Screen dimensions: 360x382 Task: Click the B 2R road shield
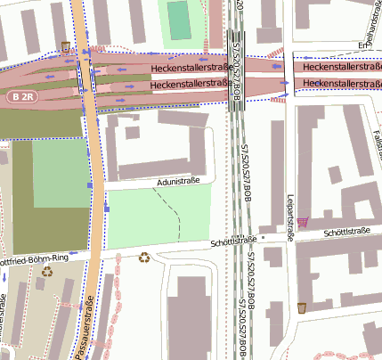click(24, 95)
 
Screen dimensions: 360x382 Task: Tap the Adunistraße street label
click(178, 181)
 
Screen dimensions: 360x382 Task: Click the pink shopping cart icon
click(304, 221)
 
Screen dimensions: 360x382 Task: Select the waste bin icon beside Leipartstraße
click(302, 307)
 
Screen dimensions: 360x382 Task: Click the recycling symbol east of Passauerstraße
click(144, 258)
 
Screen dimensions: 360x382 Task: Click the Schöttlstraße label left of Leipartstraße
click(233, 241)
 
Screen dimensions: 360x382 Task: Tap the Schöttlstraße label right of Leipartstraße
click(347, 232)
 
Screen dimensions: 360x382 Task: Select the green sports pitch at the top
click(180, 20)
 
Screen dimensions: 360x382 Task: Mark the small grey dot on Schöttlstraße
click(290, 238)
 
